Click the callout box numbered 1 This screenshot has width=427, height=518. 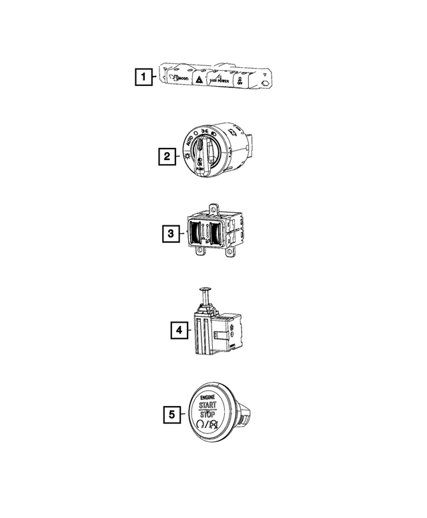141,77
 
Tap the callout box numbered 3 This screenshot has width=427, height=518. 171,233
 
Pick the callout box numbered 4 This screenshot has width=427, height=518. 177,329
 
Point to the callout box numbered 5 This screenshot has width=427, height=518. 172,415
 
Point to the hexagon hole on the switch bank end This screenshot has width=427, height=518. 266,85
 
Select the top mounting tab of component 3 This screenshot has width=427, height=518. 213,209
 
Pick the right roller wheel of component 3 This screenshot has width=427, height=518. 216,233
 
